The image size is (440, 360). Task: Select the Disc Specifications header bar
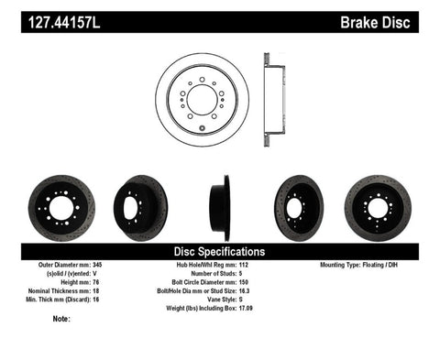coord(220,251)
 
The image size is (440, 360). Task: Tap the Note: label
coord(62,319)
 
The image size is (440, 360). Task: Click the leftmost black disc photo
coord(61,202)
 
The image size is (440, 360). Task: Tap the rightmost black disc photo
coord(379,202)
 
